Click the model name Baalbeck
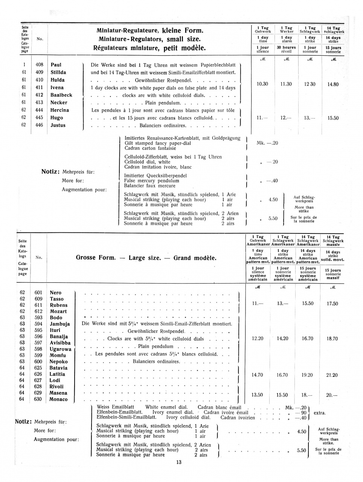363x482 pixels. tap(61, 95)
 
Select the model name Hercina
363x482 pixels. tap(59, 110)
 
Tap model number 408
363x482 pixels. tap(40, 65)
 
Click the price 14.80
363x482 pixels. tap(333, 84)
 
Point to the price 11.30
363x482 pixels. tap(286, 84)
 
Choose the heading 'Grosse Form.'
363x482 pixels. tap(96, 258)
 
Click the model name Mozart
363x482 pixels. tap(58, 311)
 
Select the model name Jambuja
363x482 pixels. tap(59, 324)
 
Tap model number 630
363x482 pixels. tap(38, 399)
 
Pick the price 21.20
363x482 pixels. tap(332, 375)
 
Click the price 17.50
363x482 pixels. tap(332, 304)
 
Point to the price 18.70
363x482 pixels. tap(332, 339)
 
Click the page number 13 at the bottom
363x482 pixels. tap(179, 462)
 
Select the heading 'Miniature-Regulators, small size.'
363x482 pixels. tap(149, 39)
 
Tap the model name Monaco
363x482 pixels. tap(58, 399)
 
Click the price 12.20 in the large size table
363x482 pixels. tap(258, 339)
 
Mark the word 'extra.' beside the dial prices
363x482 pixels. tap(319, 413)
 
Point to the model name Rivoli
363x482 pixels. tap(56, 386)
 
